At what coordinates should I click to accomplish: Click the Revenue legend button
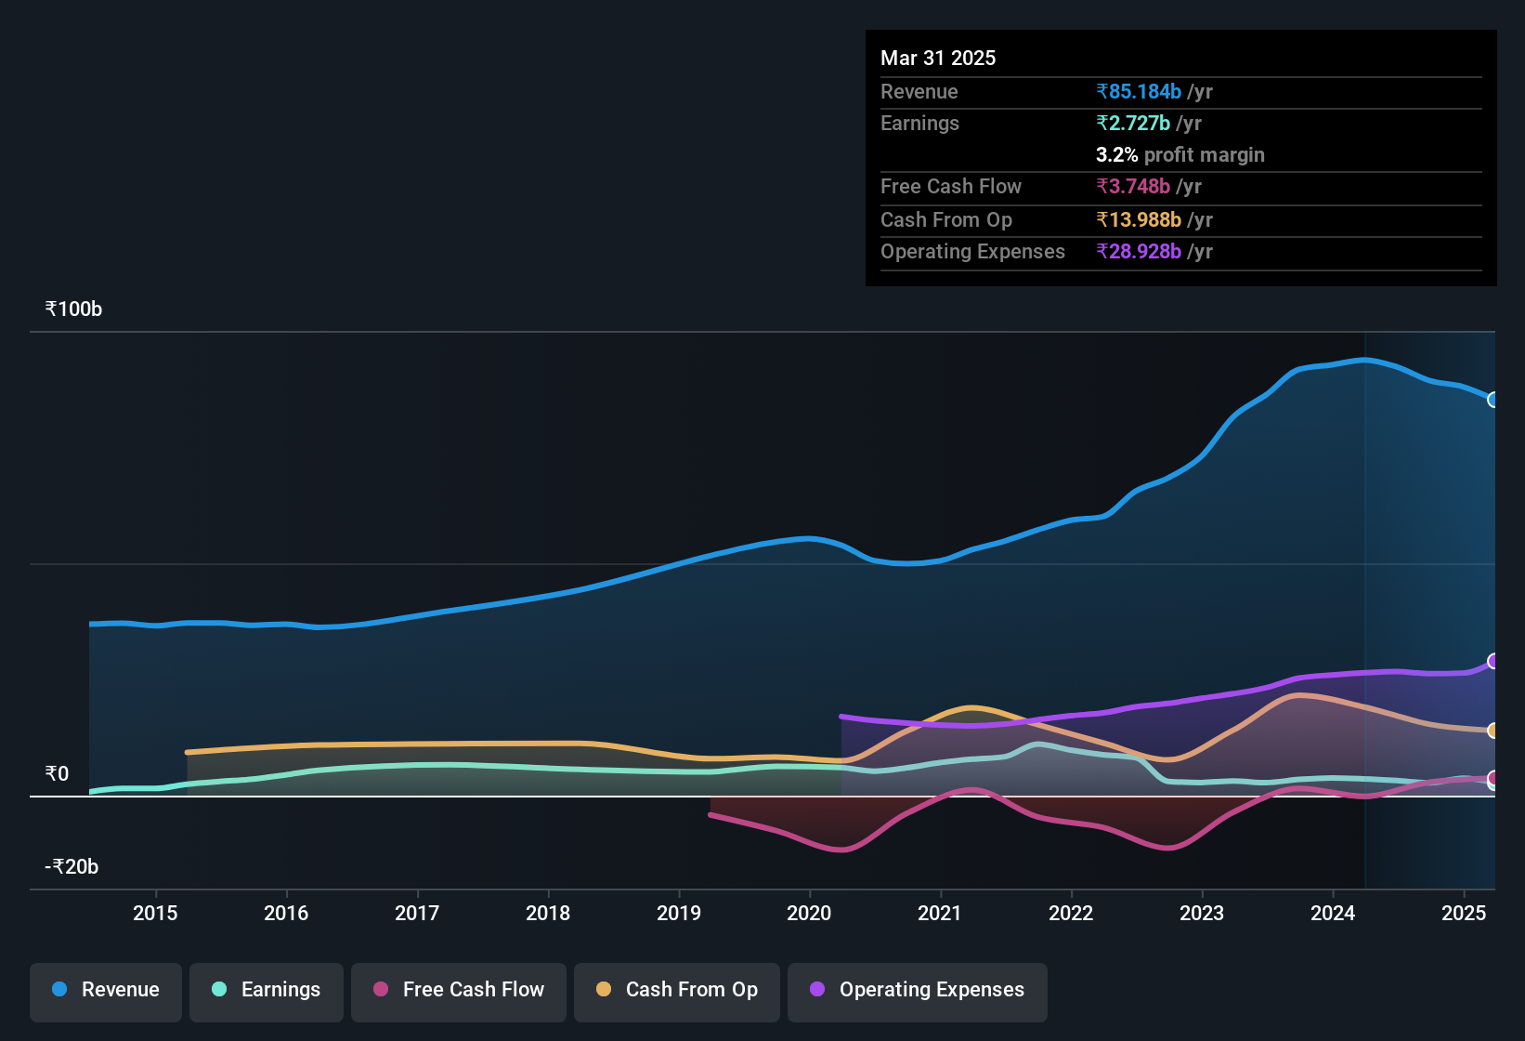[x=106, y=990]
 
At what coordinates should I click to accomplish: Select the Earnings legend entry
[x=267, y=990]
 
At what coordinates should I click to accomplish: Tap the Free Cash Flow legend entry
[x=459, y=990]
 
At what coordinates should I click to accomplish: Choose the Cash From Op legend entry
[x=677, y=990]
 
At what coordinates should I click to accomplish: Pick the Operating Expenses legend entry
[x=918, y=990]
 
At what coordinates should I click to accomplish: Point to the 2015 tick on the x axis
[x=155, y=913]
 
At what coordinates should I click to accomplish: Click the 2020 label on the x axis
[x=809, y=913]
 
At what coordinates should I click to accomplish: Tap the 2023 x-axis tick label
[x=1202, y=913]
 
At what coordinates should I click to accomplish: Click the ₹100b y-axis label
[x=73, y=310]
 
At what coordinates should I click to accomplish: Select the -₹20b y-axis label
[x=72, y=867]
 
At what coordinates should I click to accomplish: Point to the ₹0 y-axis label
[x=57, y=774]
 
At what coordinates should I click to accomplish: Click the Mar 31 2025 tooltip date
[x=938, y=58]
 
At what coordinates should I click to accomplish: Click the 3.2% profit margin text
[x=1180, y=155]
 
